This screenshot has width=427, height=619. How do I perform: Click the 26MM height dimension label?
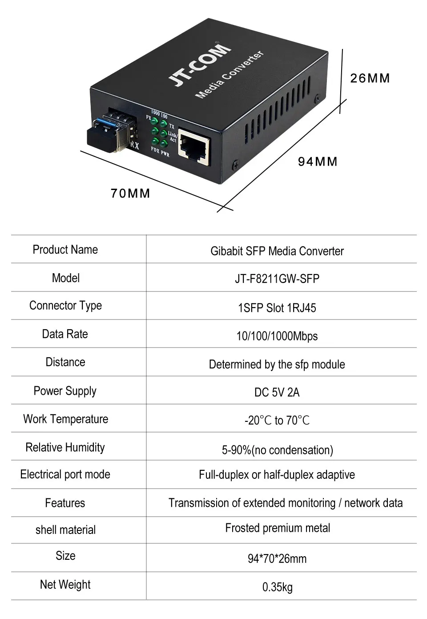[370, 78]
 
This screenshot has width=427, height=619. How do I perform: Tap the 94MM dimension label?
[318, 162]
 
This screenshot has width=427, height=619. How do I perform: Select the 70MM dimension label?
[130, 193]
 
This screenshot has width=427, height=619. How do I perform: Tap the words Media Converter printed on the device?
[230, 74]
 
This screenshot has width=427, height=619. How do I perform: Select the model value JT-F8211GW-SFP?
[277, 279]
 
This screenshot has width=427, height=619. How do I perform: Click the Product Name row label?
[65, 250]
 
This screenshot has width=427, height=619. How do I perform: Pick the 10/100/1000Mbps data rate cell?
[277, 336]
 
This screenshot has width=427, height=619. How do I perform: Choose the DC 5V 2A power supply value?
[277, 392]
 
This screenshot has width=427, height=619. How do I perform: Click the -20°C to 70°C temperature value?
[277, 420]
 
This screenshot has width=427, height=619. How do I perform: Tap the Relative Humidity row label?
[65, 447]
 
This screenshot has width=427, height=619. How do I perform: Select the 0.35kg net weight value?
[277, 587]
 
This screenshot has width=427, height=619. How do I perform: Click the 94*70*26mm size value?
[277, 558]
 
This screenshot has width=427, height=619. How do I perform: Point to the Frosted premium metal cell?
[278, 528]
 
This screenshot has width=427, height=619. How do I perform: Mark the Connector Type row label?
[65, 306]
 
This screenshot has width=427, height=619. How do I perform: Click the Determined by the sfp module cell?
[277, 364]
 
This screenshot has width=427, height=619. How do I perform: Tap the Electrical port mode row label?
[65, 474]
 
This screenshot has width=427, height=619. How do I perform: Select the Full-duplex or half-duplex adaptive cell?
[277, 475]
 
